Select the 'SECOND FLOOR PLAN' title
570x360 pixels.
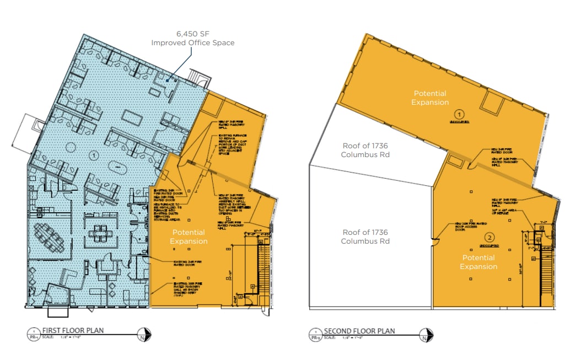359,331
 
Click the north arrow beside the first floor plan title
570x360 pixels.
145,334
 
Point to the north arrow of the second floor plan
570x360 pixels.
426,334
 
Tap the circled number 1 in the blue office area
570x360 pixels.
94,155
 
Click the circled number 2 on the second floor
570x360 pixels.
489,238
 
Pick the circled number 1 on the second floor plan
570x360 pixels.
458,113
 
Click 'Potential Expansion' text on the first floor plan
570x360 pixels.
189,237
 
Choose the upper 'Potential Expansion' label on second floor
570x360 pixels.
430,98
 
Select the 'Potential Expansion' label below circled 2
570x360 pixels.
478,262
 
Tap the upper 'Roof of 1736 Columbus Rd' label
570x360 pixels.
365,150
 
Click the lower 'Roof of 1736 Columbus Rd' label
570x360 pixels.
365,237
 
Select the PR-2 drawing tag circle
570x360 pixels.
315,334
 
